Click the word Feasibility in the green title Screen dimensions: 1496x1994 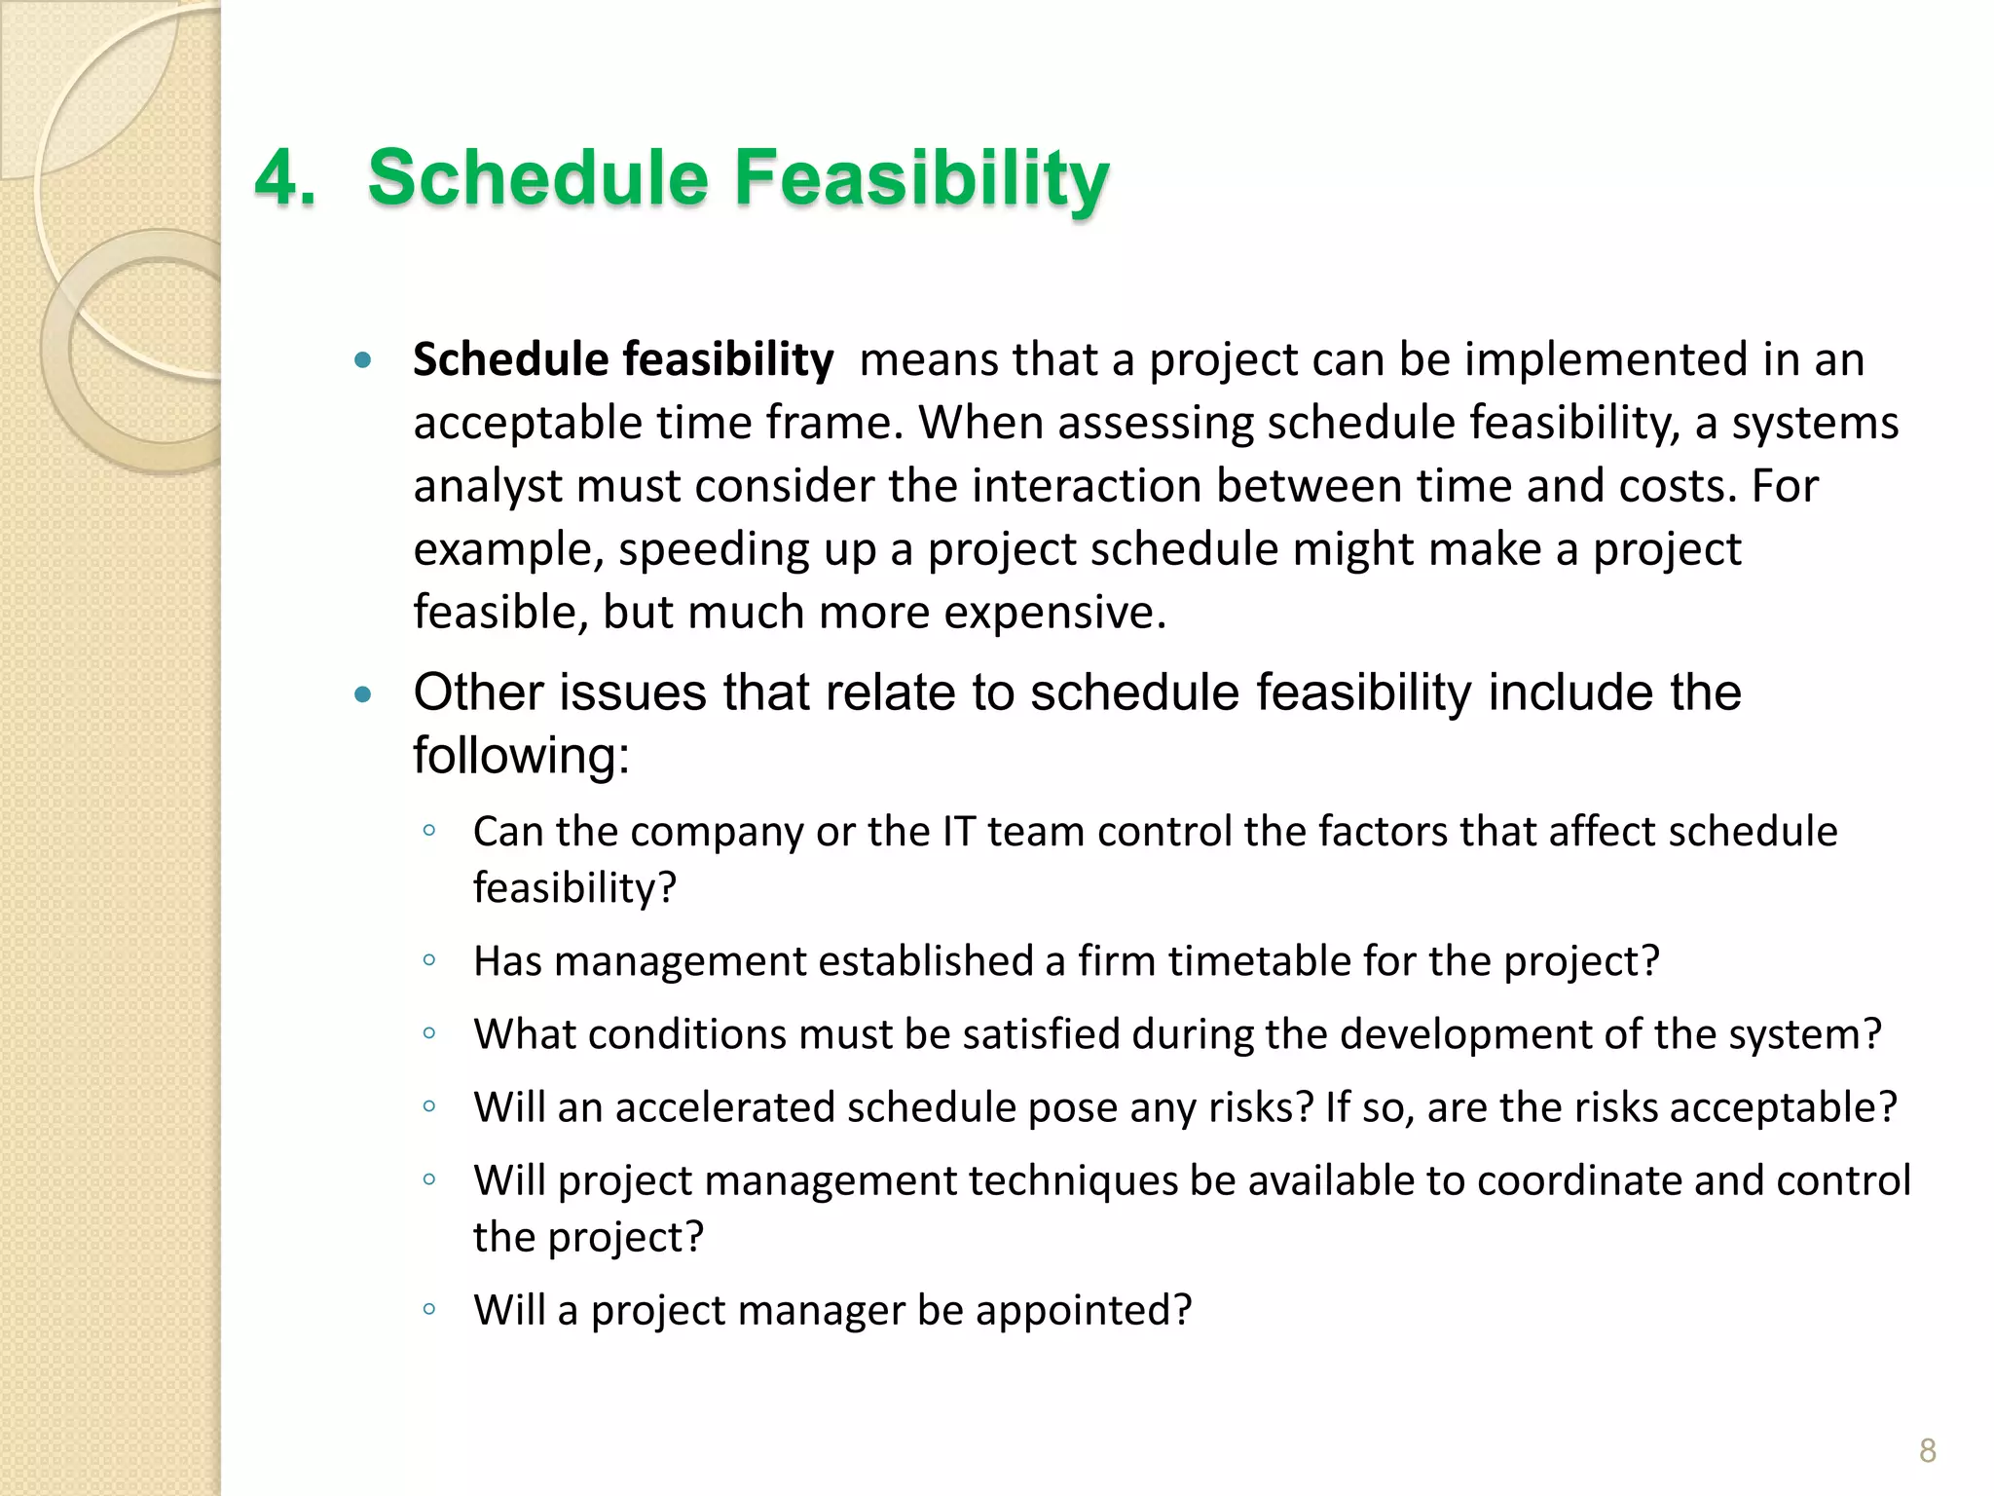921,178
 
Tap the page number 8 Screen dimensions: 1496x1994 1927,1451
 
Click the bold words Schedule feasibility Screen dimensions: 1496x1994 623,359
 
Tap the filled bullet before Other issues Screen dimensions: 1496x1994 363,694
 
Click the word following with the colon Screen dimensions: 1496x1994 521,756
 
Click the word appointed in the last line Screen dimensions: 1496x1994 1082,1310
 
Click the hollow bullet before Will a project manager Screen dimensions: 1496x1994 429,1310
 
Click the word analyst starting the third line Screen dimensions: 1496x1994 487,486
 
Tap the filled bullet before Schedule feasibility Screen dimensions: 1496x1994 363,361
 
